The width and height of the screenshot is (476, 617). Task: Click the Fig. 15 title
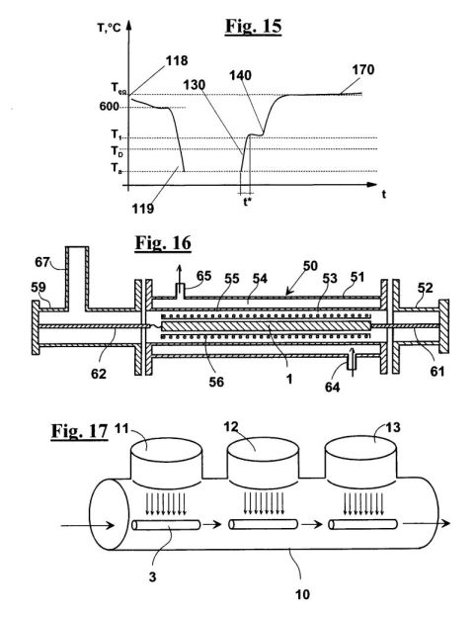(x=253, y=26)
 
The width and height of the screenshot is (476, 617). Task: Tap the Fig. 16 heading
(x=163, y=242)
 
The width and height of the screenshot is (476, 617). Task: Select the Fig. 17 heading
(x=79, y=431)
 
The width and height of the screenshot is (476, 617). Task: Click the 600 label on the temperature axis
(x=109, y=106)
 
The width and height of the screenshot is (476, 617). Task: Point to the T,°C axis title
(x=109, y=28)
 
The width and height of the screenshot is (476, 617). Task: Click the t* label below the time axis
(x=247, y=203)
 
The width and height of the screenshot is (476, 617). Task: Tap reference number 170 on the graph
(x=362, y=69)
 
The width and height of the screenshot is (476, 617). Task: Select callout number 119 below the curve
(x=142, y=209)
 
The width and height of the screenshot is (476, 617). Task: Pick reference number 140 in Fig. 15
(x=240, y=75)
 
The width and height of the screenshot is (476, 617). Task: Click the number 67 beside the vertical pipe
(x=42, y=262)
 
